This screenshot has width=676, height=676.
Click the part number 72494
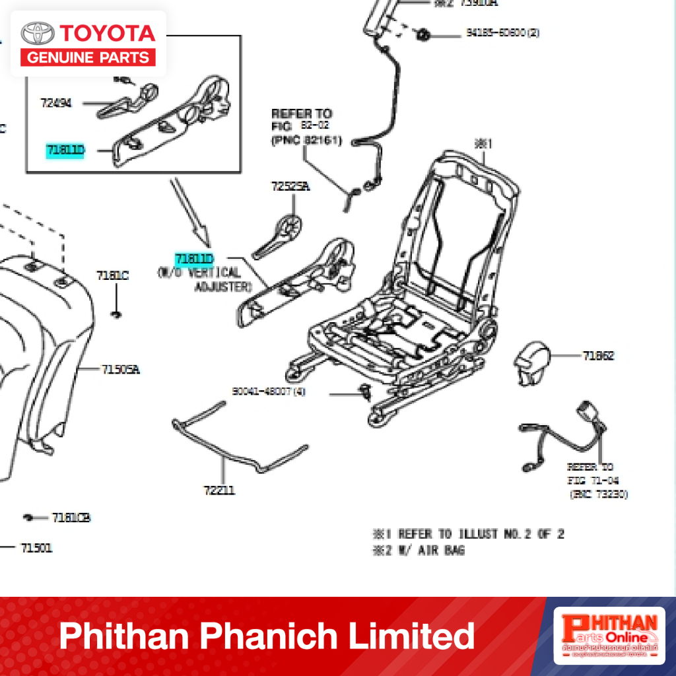tap(55, 103)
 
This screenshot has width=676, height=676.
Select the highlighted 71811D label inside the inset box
tap(65, 151)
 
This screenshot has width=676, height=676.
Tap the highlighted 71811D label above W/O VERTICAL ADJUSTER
tap(194, 258)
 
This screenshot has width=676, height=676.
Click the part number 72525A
tap(290, 187)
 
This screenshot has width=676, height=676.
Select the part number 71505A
tap(120, 370)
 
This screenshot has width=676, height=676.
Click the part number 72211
tap(219, 490)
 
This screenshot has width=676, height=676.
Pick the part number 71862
tap(598, 356)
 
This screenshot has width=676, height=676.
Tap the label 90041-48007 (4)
tap(269, 391)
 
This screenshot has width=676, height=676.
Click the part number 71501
tap(36, 548)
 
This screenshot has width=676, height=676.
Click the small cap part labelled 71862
tap(531, 361)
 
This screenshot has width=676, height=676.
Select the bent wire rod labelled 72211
tap(238, 449)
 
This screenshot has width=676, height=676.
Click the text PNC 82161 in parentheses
tap(306, 141)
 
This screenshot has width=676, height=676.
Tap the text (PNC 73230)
tap(599, 494)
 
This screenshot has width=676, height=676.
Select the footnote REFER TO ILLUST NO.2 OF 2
tap(469, 534)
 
